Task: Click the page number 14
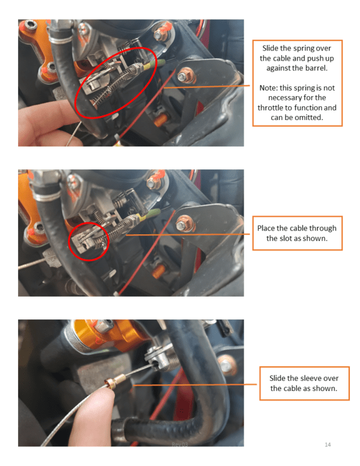[328, 444]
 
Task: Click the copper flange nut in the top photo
[186, 76]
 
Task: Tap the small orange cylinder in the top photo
[161, 120]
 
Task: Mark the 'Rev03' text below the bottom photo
[180, 444]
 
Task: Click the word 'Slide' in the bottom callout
[276, 378]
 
